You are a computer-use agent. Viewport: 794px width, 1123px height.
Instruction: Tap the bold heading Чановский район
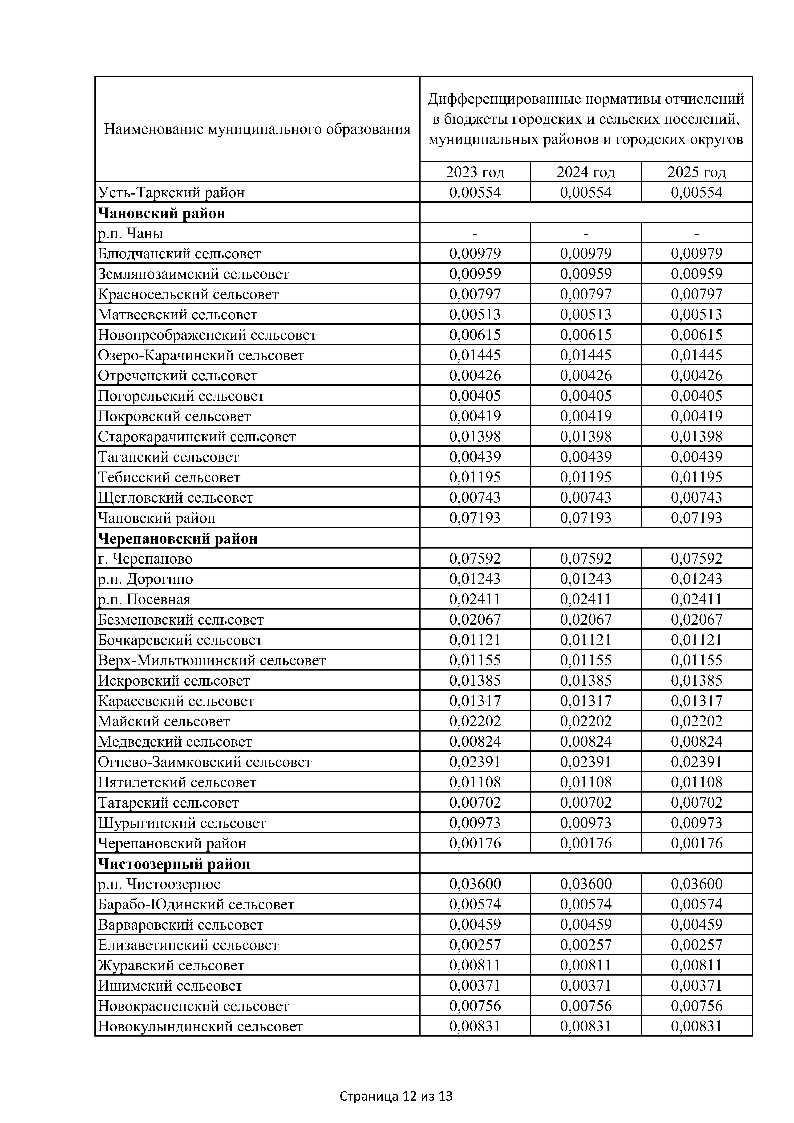(x=162, y=213)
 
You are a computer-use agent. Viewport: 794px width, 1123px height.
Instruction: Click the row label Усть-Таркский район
(x=171, y=193)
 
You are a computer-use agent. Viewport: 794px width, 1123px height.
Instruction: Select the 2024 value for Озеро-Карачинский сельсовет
(x=586, y=355)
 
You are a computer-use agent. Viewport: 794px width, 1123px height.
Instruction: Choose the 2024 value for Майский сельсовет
(x=586, y=721)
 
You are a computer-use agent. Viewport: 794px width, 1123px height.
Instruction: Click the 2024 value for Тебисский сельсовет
(x=586, y=477)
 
